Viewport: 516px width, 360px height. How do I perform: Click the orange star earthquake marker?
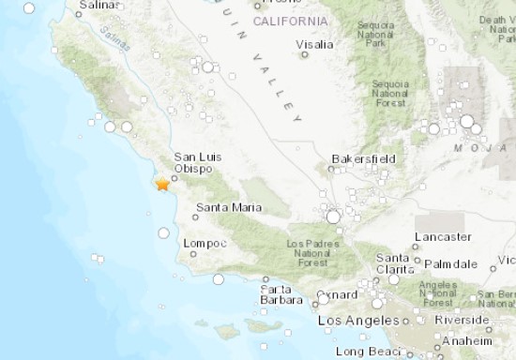click(163, 185)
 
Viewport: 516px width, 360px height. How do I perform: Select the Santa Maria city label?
click(229, 207)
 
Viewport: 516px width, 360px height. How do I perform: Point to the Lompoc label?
click(206, 243)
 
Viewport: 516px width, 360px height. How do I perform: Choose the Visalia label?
click(314, 43)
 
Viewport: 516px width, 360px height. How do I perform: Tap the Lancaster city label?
click(443, 237)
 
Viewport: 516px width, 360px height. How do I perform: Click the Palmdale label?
click(452, 264)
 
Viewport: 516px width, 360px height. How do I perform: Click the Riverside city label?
click(462, 319)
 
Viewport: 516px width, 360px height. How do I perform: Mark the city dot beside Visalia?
click(305, 54)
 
